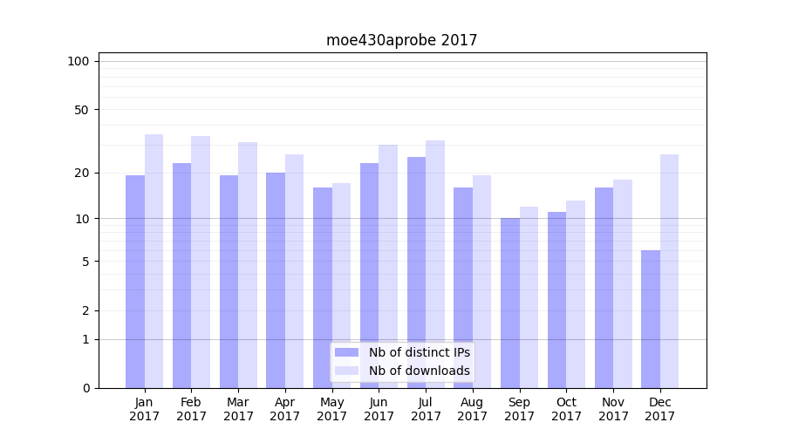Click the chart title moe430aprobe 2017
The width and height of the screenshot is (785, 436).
[401, 40]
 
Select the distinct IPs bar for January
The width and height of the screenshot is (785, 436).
[135, 281]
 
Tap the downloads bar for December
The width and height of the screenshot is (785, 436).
[669, 270]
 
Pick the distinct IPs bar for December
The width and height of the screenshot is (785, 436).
[651, 318]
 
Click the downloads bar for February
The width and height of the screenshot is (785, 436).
[201, 262]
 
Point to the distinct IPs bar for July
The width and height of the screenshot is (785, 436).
[416, 272]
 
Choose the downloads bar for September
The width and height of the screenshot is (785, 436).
[529, 296]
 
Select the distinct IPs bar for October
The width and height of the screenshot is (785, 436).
[557, 299]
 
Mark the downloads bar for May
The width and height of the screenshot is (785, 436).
[342, 285]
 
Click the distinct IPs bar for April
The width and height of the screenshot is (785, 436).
[276, 280]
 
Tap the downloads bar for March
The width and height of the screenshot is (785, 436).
[248, 264]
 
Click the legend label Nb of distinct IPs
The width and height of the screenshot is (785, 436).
[419, 352]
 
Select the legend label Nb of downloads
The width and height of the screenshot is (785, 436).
[419, 371]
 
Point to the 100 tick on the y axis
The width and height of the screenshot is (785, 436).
[78, 61]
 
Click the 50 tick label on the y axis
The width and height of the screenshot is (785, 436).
[82, 110]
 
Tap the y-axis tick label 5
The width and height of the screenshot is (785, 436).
[85, 262]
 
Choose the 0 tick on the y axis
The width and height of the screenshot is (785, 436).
[85, 388]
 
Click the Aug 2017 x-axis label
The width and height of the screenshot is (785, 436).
[473, 409]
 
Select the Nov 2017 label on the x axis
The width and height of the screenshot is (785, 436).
[613, 409]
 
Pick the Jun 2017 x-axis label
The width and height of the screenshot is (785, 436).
[379, 409]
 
